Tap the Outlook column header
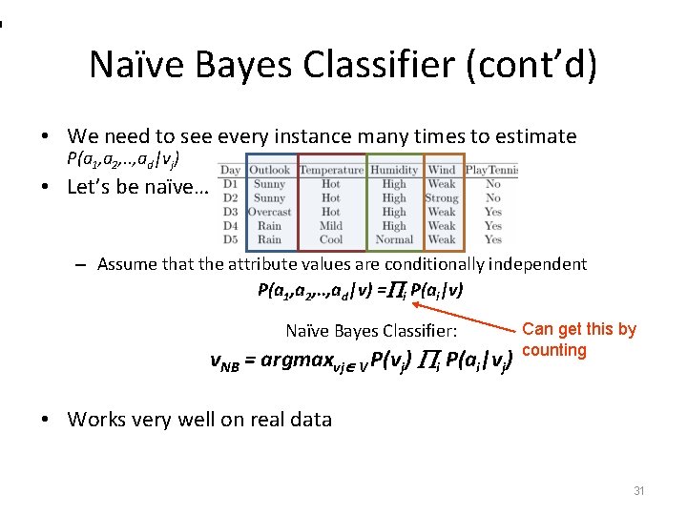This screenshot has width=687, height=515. click(x=269, y=171)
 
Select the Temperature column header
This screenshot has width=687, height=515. click(x=331, y=171)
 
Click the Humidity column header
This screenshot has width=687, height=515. click(x=394, y=171)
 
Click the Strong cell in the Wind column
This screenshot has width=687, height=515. click(x=442, y=198)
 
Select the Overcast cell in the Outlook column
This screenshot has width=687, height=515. click(x=269, y=212)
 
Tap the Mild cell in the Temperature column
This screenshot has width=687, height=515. click(x=331, y=226)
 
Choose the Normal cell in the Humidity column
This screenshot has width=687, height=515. click(x=394, y=239)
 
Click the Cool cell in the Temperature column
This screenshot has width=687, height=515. click(x=331, y=239)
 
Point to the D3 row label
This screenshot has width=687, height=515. click(x=230, y=212)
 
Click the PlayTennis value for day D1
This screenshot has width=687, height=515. click(x=492, y=184)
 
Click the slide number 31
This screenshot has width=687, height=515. click(x=639, y=490)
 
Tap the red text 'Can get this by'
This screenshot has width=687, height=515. click(x=579, y=329)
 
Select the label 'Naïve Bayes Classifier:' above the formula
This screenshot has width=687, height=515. click(x=372, y=331)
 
